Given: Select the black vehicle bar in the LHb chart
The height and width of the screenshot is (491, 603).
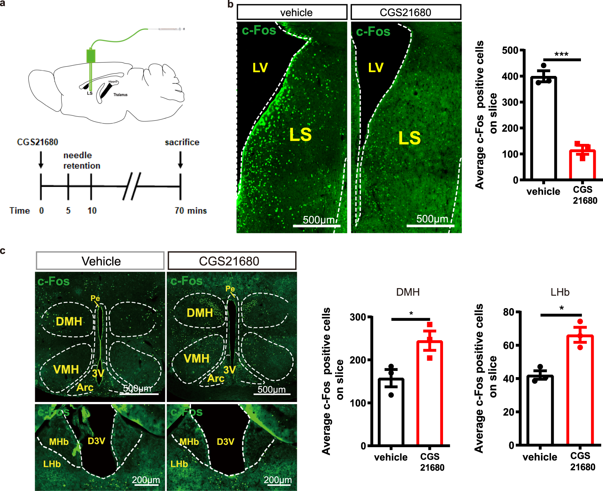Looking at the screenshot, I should pos(540,411).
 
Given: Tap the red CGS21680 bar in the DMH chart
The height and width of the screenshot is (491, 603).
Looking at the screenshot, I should pos(430,393).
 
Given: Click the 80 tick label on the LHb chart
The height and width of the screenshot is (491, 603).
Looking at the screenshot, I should pos(509,312).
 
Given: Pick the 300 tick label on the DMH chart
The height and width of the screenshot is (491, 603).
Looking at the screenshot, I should pos(358,317).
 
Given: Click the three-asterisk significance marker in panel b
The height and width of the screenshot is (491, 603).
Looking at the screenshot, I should pos(561,55).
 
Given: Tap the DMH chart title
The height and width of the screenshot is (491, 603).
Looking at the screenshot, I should pos(408,292).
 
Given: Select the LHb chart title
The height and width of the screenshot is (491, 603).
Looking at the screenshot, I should pos(560,292).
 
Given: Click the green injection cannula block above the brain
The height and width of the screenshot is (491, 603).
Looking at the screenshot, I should pos(91,56).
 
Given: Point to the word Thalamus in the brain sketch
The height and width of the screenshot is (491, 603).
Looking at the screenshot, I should pos(120,95).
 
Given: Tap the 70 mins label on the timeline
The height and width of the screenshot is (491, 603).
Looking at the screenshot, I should pos(190,210).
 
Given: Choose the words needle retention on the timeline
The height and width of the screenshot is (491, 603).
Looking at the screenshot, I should pos(82,160).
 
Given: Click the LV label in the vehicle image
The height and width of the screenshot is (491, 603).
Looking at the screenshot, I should pos(260,68).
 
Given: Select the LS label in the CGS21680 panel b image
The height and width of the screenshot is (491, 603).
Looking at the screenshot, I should pos(409,138).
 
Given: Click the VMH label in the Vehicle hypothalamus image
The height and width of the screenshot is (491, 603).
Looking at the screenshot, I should pos(66,370).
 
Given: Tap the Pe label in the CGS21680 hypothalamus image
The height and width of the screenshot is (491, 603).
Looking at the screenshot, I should pos(230,288).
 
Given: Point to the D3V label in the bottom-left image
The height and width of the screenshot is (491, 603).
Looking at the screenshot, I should pos(96,441).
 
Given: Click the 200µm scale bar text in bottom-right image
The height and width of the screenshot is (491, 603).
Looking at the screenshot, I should pos(278,480).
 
